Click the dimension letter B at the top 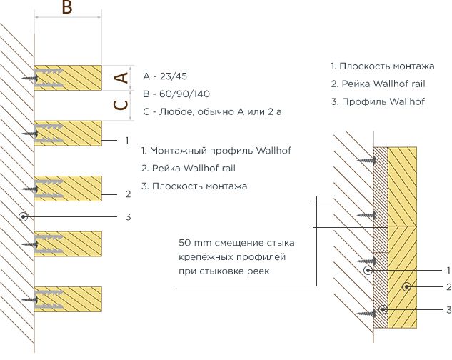[x=66, y=9]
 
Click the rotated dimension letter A [x=122, y=77]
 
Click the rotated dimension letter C [x=122, y=105]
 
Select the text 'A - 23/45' [x=169, y=76]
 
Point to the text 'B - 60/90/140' [x=176, y=94]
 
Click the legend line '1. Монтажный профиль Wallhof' [x=216, y=151]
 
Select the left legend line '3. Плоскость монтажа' [x=194, y=186]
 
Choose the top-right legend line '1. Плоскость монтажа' [x=383, y=66]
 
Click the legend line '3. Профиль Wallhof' [x=378, y=101]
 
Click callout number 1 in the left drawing [x=126, y=140]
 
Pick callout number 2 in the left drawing [x=127, y=194]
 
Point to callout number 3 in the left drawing [x=127, y=216]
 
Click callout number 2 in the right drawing [x=448, y=287]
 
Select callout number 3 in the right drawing [x=448, y=310]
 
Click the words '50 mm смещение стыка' [x=236, y=243]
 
